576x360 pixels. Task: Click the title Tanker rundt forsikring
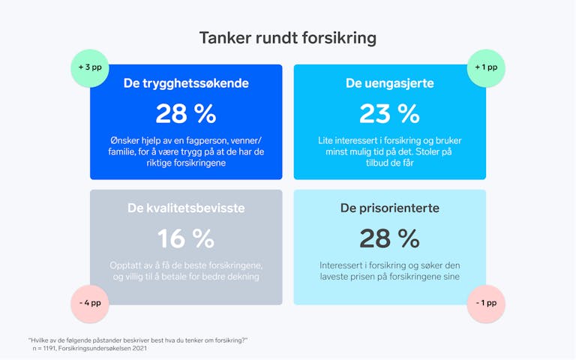[x=288, y=37]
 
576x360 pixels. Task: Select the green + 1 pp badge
[x=485, y=67]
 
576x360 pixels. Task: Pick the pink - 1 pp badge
[x=485, y=304]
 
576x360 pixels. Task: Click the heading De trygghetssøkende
[x=186, y=83]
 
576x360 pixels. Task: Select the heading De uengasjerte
[x=389, y=83]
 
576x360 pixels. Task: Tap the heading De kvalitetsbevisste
[x=186, y=208]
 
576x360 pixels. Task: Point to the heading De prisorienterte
[x=389, y=208]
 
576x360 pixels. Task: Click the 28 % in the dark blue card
[x=186, y=113]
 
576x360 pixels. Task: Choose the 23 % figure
[x=389, y=113]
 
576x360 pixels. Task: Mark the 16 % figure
[x=186, y=238]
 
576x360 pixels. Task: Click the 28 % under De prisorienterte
[x=389, y=238]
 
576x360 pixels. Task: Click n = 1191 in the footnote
[x=47, y=348]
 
